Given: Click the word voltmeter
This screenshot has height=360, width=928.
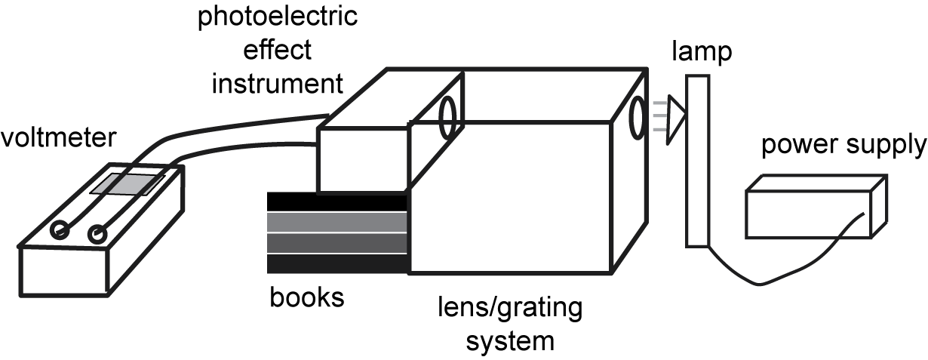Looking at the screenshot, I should pos(59,138).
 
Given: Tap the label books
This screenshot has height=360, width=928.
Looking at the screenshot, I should pos(307,297).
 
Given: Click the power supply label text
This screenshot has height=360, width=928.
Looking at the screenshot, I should pos(843,145).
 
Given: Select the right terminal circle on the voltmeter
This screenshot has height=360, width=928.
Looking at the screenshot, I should pos(97,235).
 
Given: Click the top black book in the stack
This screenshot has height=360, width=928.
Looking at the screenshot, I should pos(337,202).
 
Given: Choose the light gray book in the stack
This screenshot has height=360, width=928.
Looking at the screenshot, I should pos(337,223).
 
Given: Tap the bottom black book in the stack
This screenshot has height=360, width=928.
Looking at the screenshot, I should pos(337,263).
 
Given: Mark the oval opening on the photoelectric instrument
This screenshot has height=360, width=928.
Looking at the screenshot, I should pos(448,118).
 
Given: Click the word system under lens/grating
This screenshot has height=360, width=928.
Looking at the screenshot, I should pos(510,340).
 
